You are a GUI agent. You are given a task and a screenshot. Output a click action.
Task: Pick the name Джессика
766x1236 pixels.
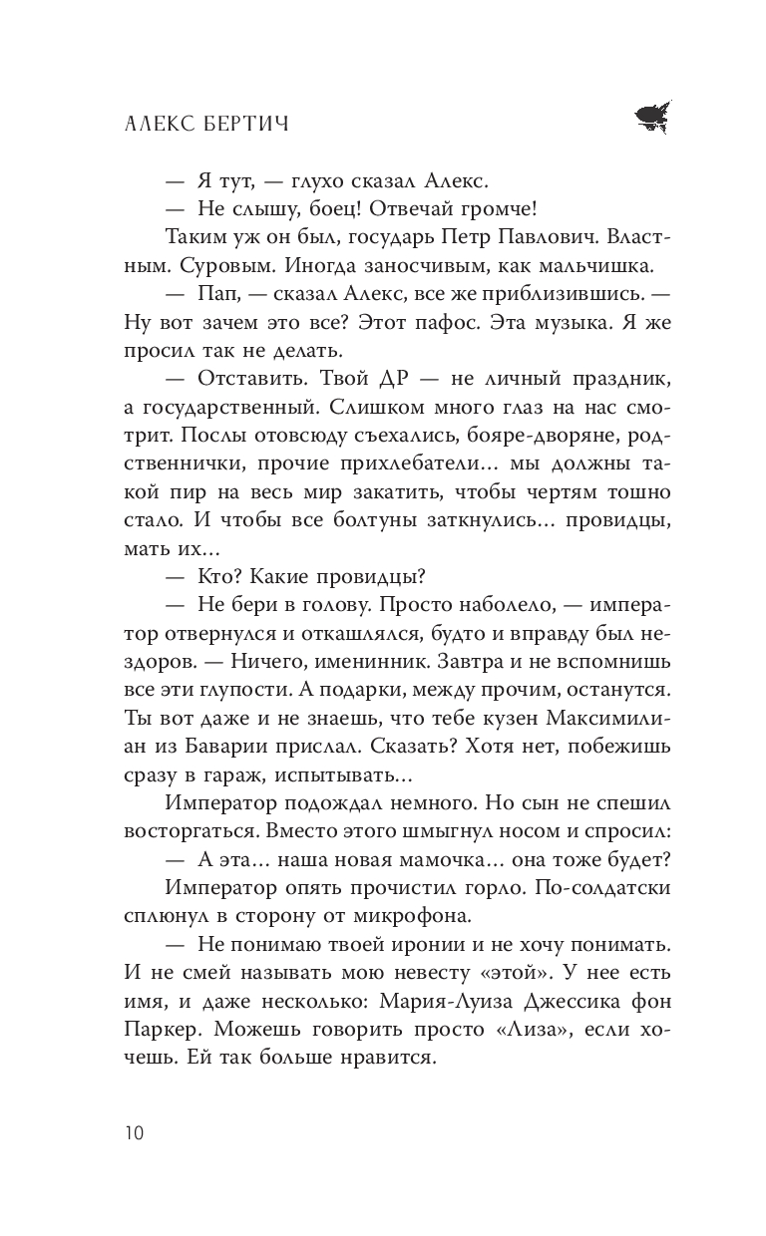pos(519,1006)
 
